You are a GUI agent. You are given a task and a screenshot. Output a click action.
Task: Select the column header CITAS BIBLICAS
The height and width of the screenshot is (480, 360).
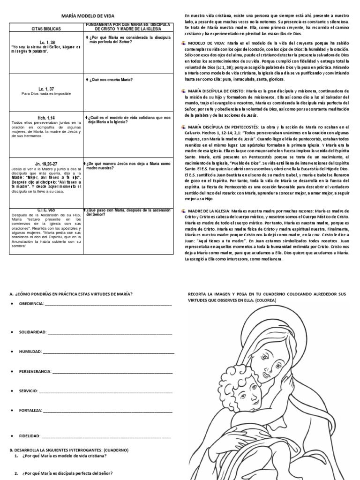click(x=45, y=29)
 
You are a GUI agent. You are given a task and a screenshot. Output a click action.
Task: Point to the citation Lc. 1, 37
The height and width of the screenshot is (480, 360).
click(x=45, y=88)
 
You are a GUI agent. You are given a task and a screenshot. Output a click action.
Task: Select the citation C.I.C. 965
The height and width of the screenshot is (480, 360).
click(x=45, y=210)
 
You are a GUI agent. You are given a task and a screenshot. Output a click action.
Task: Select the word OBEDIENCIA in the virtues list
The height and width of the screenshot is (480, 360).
click(x=31, y=304)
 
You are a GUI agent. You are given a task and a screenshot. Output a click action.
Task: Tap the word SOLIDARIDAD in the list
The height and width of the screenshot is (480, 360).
click(x=32, y=332)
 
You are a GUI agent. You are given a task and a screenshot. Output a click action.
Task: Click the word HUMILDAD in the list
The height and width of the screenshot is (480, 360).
click(x=30, y=351)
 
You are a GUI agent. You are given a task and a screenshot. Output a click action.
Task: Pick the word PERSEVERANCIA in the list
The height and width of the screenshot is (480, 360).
click(x=35, y=371)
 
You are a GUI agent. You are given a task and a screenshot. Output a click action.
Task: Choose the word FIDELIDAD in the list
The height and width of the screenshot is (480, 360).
click(x=29, y=436)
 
